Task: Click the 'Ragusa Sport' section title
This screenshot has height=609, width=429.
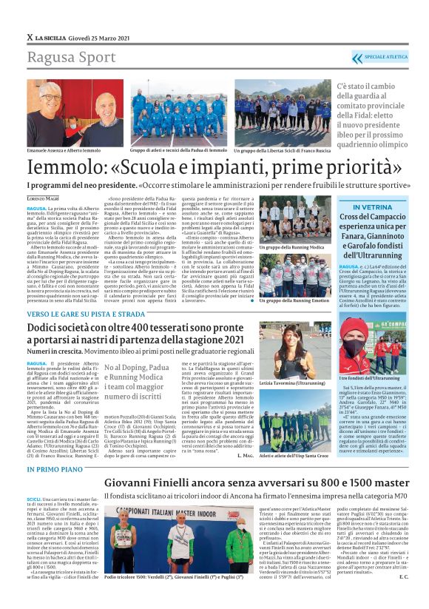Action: [x=62, y=58]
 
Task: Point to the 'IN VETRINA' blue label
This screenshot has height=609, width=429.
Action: [x=376, y=206]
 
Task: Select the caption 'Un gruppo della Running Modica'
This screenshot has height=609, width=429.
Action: [x=293, y=245]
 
